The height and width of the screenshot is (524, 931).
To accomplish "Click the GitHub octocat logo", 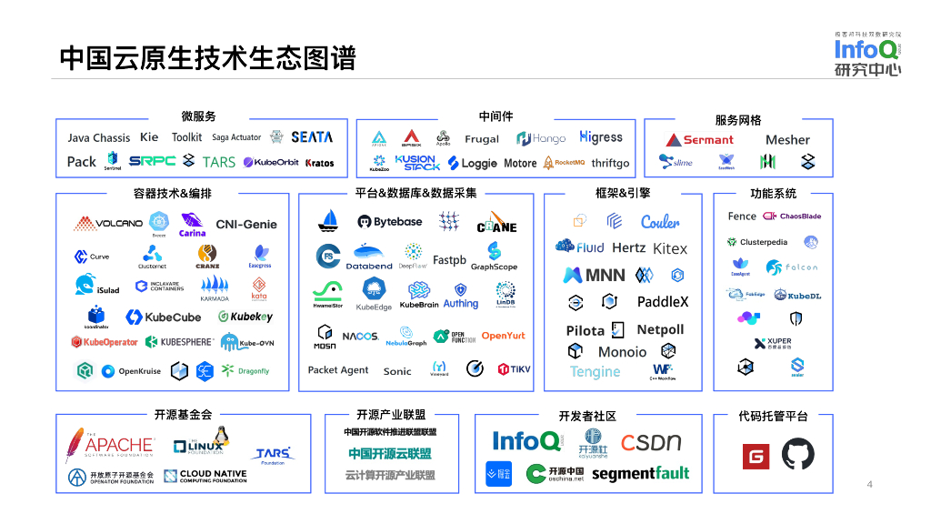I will coord(798,454).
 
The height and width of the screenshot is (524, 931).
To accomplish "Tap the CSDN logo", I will coord(651,443).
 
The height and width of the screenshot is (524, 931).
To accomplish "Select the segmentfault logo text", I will coord(640,473).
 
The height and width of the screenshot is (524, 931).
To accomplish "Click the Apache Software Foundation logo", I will coord(108,445).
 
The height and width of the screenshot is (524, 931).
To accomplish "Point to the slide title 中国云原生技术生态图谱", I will coord(207,58).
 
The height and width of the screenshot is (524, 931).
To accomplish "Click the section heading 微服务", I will coord(198,116).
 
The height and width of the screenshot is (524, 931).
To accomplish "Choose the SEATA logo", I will coord(312,137).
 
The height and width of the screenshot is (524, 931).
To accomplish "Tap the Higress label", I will coord(601,137).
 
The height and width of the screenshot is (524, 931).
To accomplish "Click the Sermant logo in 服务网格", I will coord(698,139).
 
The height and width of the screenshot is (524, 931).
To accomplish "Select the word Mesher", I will coord(787,139).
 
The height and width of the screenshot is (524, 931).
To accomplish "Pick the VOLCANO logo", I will coord(108,223).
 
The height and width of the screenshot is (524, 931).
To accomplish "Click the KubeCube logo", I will coord(164,317).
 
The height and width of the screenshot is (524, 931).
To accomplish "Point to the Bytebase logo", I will coord(389,222).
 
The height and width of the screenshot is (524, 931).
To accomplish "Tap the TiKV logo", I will coord(514,369).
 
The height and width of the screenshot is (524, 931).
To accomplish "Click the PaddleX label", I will coord(663,301).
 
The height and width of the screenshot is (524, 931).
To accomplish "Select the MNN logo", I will coord(594,275).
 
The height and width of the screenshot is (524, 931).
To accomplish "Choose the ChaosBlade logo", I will coord(792,217).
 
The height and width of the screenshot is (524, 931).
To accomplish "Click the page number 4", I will coord(869,484).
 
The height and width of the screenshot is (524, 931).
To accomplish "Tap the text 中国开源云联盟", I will coord(390,453).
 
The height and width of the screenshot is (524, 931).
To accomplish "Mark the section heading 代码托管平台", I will coord(773,416).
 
